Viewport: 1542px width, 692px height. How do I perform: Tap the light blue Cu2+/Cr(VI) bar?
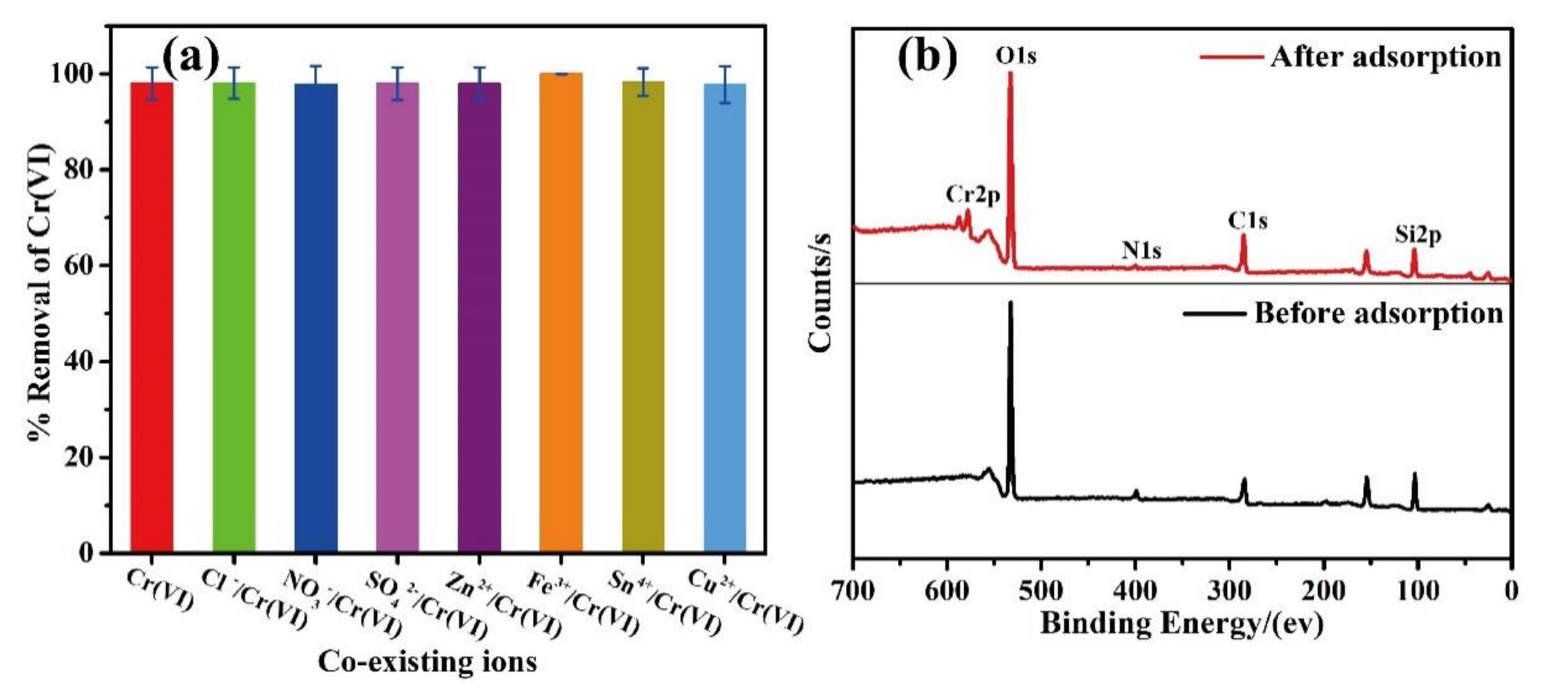(725, 317)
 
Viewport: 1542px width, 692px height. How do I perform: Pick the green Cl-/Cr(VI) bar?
(234, 317)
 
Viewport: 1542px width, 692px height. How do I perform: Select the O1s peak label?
(1016, 55)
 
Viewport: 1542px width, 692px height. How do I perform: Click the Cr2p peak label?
(973, 194)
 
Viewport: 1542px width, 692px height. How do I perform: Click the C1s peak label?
(1248, 221)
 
